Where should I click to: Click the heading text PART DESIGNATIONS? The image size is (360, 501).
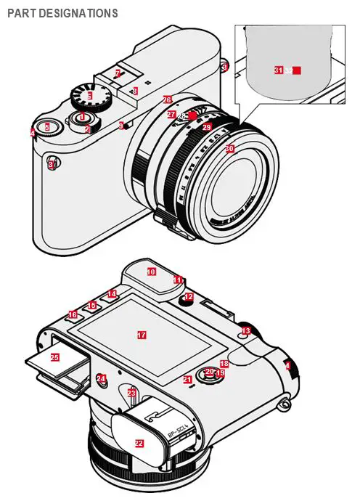[62, 13]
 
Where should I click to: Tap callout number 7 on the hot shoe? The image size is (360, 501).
[118, 73]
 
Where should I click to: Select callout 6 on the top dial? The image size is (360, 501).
[89, 95]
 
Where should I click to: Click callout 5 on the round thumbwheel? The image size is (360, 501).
[47, 127]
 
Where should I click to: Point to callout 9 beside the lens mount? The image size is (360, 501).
[121, 126]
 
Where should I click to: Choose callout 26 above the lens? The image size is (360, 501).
[167, 99]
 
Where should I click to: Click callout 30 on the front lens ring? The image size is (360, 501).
[229, 148]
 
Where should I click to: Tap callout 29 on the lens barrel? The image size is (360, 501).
[206, 127]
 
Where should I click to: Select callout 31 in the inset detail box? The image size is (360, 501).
[278, 70]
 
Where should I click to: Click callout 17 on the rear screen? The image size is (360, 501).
[142, 335]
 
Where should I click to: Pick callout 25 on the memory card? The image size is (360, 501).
[54, 357]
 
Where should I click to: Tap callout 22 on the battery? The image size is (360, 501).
[139, 442]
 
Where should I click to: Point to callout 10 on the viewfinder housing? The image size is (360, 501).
[151, 272]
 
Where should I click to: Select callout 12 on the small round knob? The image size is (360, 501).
[188, 296]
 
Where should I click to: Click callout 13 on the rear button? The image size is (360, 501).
[246, 330]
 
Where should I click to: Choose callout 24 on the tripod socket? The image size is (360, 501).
[101, 378]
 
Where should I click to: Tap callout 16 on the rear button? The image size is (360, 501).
[73, 314]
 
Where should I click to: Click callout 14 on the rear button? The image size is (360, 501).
[111, 294]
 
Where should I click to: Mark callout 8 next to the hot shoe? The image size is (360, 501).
[135, 91]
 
